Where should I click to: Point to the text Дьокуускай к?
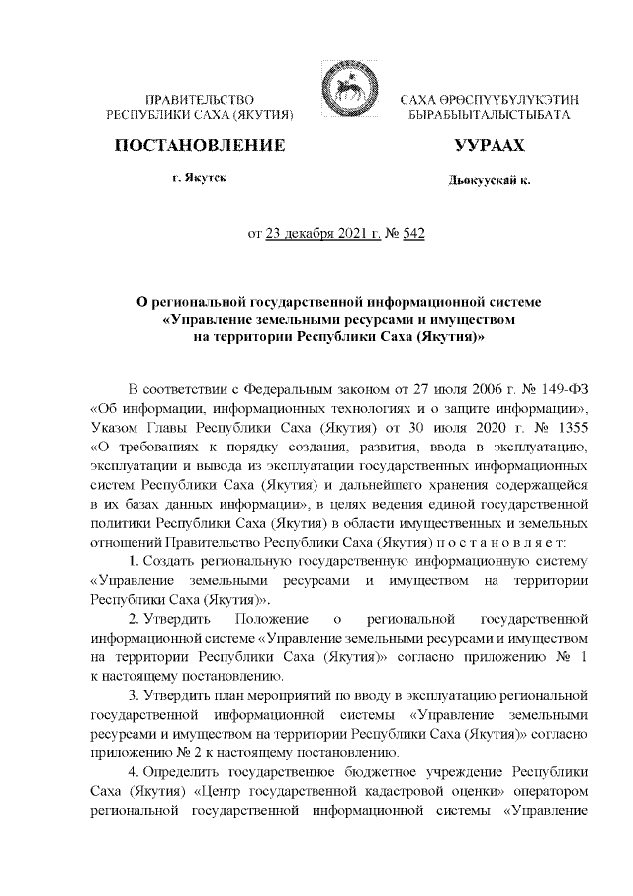489,182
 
